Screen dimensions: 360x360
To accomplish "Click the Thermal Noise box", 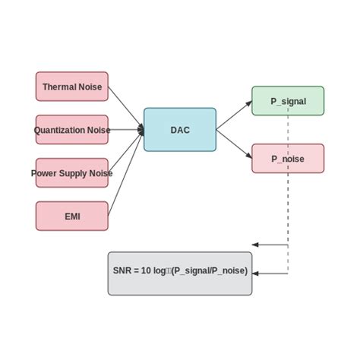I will coord(72,87).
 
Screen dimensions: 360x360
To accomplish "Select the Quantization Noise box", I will coord(72,130).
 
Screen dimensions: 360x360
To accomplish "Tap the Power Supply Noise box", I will coord(72,173).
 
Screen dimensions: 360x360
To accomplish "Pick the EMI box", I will coord(72,216).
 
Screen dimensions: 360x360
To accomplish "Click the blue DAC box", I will coord(180,130).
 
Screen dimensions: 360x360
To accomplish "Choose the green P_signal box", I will coord(288,101).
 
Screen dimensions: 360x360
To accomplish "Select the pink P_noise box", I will coord(288,159).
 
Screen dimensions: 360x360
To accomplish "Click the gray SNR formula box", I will coord(180,273).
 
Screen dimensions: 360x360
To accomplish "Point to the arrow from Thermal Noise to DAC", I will coord(125,107).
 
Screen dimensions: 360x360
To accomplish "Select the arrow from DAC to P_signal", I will coord(234,115).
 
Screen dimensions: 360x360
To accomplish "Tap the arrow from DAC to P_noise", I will coord(234,144).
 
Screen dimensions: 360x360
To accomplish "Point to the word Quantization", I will coord(59,130).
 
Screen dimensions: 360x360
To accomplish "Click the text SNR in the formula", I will coord(122,271).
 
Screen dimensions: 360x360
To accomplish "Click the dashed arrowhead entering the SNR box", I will coord(256,273).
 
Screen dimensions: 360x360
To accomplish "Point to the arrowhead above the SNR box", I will coord(256,245).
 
